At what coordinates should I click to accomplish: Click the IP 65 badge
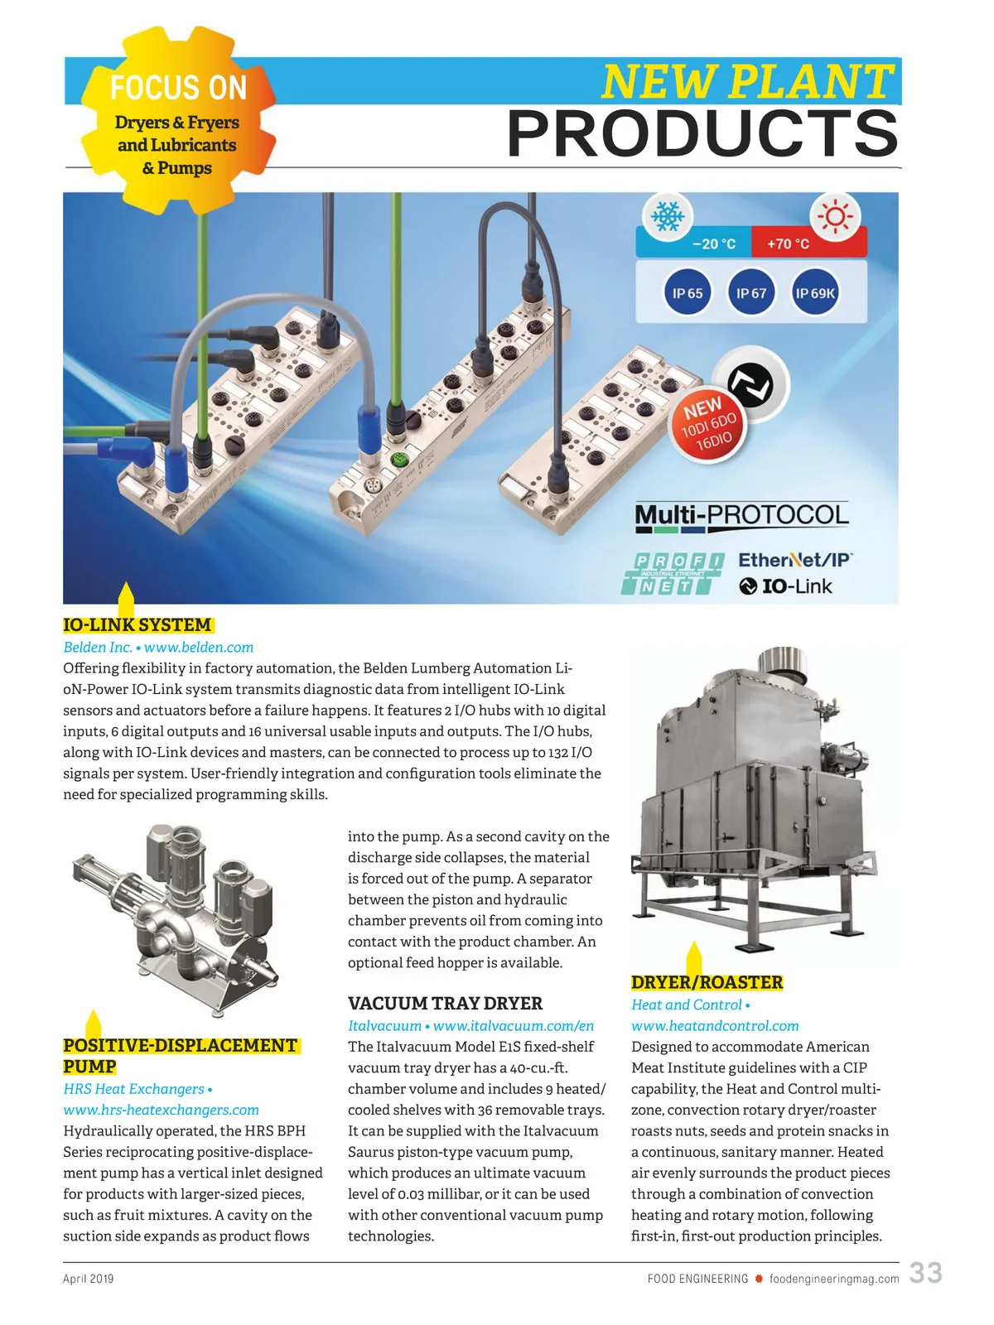[x=688, y=293]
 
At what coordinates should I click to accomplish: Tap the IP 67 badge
[x=751, y=293]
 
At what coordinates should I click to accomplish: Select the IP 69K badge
[x=815, y=293]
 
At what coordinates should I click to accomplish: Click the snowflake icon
[x=668, y=217]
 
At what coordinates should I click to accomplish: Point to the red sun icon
[x=835, y=217]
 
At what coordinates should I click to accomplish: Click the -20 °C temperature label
[x=713, y=244]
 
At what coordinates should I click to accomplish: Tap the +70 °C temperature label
[x=788, y=244]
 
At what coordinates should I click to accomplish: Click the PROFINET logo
[x=672, y=574]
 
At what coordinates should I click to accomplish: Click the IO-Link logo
[x=785, y=586]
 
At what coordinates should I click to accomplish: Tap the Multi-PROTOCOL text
[x=741, y=516]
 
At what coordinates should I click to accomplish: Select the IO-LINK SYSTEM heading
[x=138, y=625]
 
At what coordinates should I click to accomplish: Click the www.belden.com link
[x=199, y=648]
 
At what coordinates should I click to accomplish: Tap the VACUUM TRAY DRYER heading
[x=445, y=1004]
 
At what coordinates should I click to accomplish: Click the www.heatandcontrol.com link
[x=715, y=1026]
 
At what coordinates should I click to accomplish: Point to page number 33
[x=925, y=1273]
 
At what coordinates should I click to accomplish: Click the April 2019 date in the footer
[x=89, y=1279]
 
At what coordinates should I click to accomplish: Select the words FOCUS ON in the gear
[x=178, y=88]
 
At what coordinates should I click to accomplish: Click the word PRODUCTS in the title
[x=702, y=134]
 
